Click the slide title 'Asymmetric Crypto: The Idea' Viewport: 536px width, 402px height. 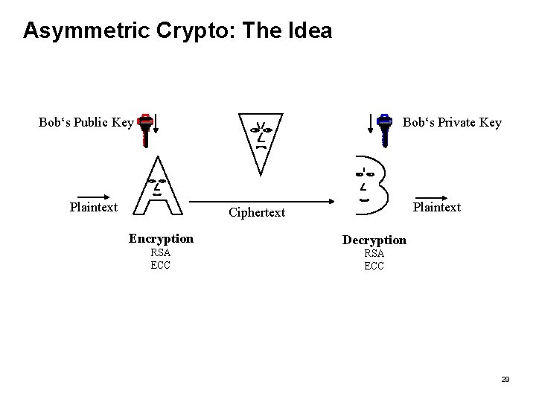(177, 31)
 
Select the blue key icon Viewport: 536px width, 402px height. (384, 128)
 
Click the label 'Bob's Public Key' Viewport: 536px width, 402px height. (86, 123)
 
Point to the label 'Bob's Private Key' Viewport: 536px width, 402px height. (452, 123)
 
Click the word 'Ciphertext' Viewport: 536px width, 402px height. (257, 213)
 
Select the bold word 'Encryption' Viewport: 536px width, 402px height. (161, 239)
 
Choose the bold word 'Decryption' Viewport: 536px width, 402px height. (374, 240)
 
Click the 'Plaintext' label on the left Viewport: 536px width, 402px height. (94, 207)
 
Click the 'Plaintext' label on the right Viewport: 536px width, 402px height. (437, 207)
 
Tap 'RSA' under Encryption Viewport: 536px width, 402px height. (161, 253)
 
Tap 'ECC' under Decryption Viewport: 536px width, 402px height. (374, 266)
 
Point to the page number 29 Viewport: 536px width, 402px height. (505, 380)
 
